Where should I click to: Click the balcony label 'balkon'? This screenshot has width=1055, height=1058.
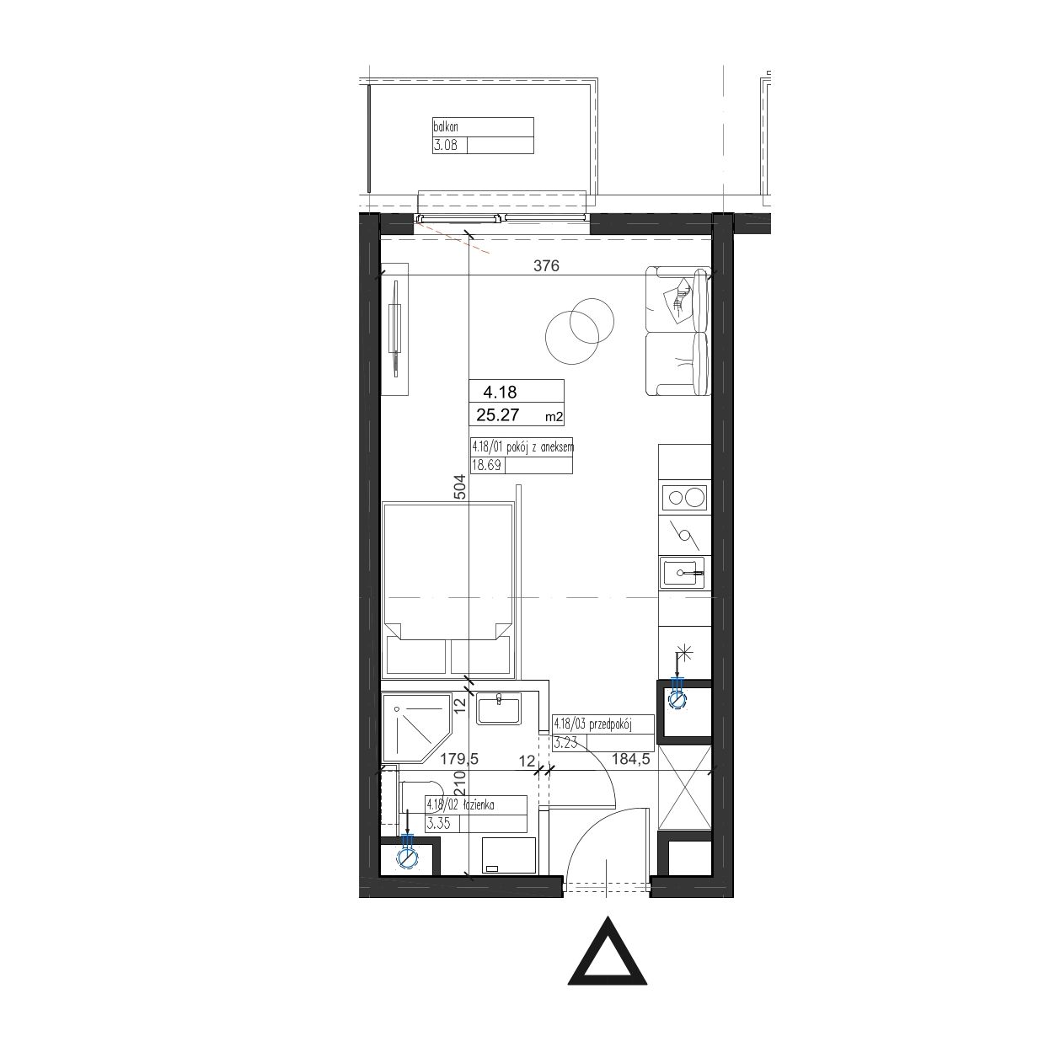pyautogui.click(x=446, y=127)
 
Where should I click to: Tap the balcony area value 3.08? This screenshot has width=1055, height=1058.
pyautogui.click(x=445, y=146)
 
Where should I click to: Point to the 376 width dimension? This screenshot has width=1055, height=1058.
pyautogui.click(x=546, y=265)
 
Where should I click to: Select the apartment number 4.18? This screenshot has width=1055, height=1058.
pyautogui.click(x=500, y=392)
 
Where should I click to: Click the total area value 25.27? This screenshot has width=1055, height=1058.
pyautogui.click(x=498, y=415)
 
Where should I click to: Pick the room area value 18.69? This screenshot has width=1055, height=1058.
pyautogui.click(x=486, y=466)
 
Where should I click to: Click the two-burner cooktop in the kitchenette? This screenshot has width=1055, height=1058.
pyautogui.click(x=684, y=498)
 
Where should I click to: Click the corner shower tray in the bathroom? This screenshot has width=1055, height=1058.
pyautogui.click(x=416, y=729)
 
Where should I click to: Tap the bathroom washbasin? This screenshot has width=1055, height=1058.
pyautogui.click(x=498, y=708)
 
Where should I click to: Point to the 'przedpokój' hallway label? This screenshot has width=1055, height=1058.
pyautogui.click(x=610, y=724)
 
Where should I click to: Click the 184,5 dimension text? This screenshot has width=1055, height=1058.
pyautogui.click(x=631, y=760)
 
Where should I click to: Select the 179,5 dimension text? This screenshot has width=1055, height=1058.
pyautogui.click(x=460, y=760)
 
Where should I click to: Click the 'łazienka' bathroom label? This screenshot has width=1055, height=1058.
pyautogui.click(x=479, y=805)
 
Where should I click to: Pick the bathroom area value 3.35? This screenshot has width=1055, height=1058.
pyautogui.click(x=438, y=823)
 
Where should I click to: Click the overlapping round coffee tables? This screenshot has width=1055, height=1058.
pyautogui.click(x=580, y=331)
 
